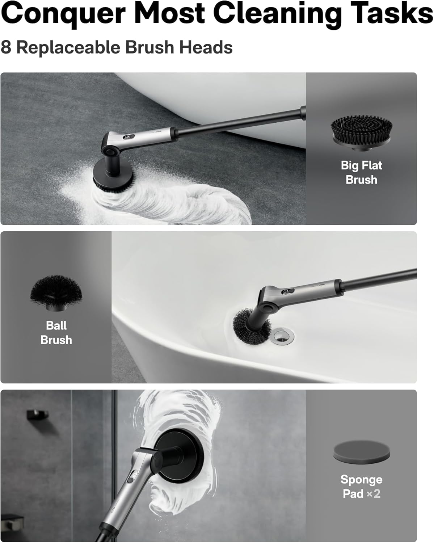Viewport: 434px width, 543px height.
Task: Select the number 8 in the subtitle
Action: [x=6, y=47]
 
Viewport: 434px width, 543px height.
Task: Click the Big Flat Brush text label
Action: [x=361, y=172]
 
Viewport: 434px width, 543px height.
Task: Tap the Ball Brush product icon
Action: [x=56, y=293]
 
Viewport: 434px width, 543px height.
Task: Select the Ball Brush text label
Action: [x=56, y=332]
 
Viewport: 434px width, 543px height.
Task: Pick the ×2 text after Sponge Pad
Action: [x=373, y=494]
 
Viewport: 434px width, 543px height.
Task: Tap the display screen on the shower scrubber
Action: [x=134, y=475]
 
